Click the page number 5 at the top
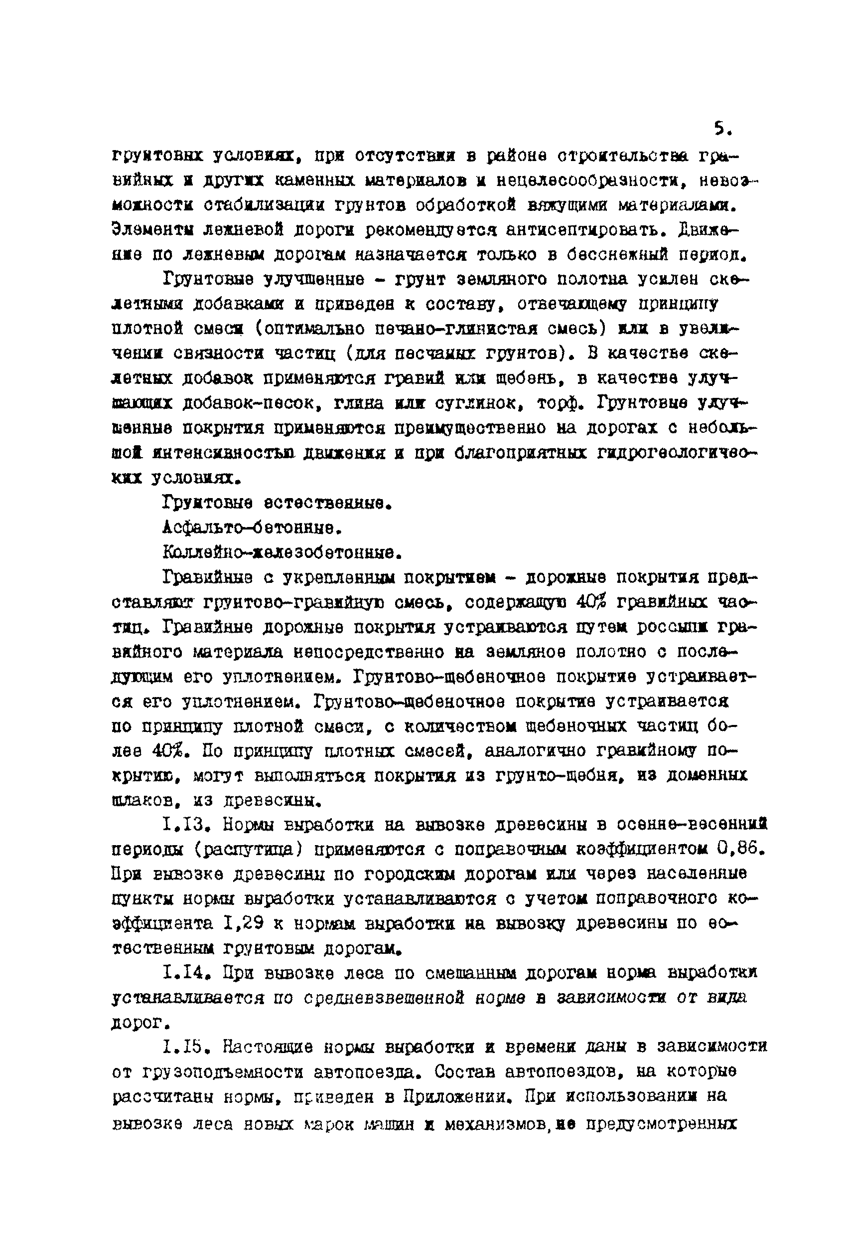coord(721,129)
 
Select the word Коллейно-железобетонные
coord(282,553)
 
